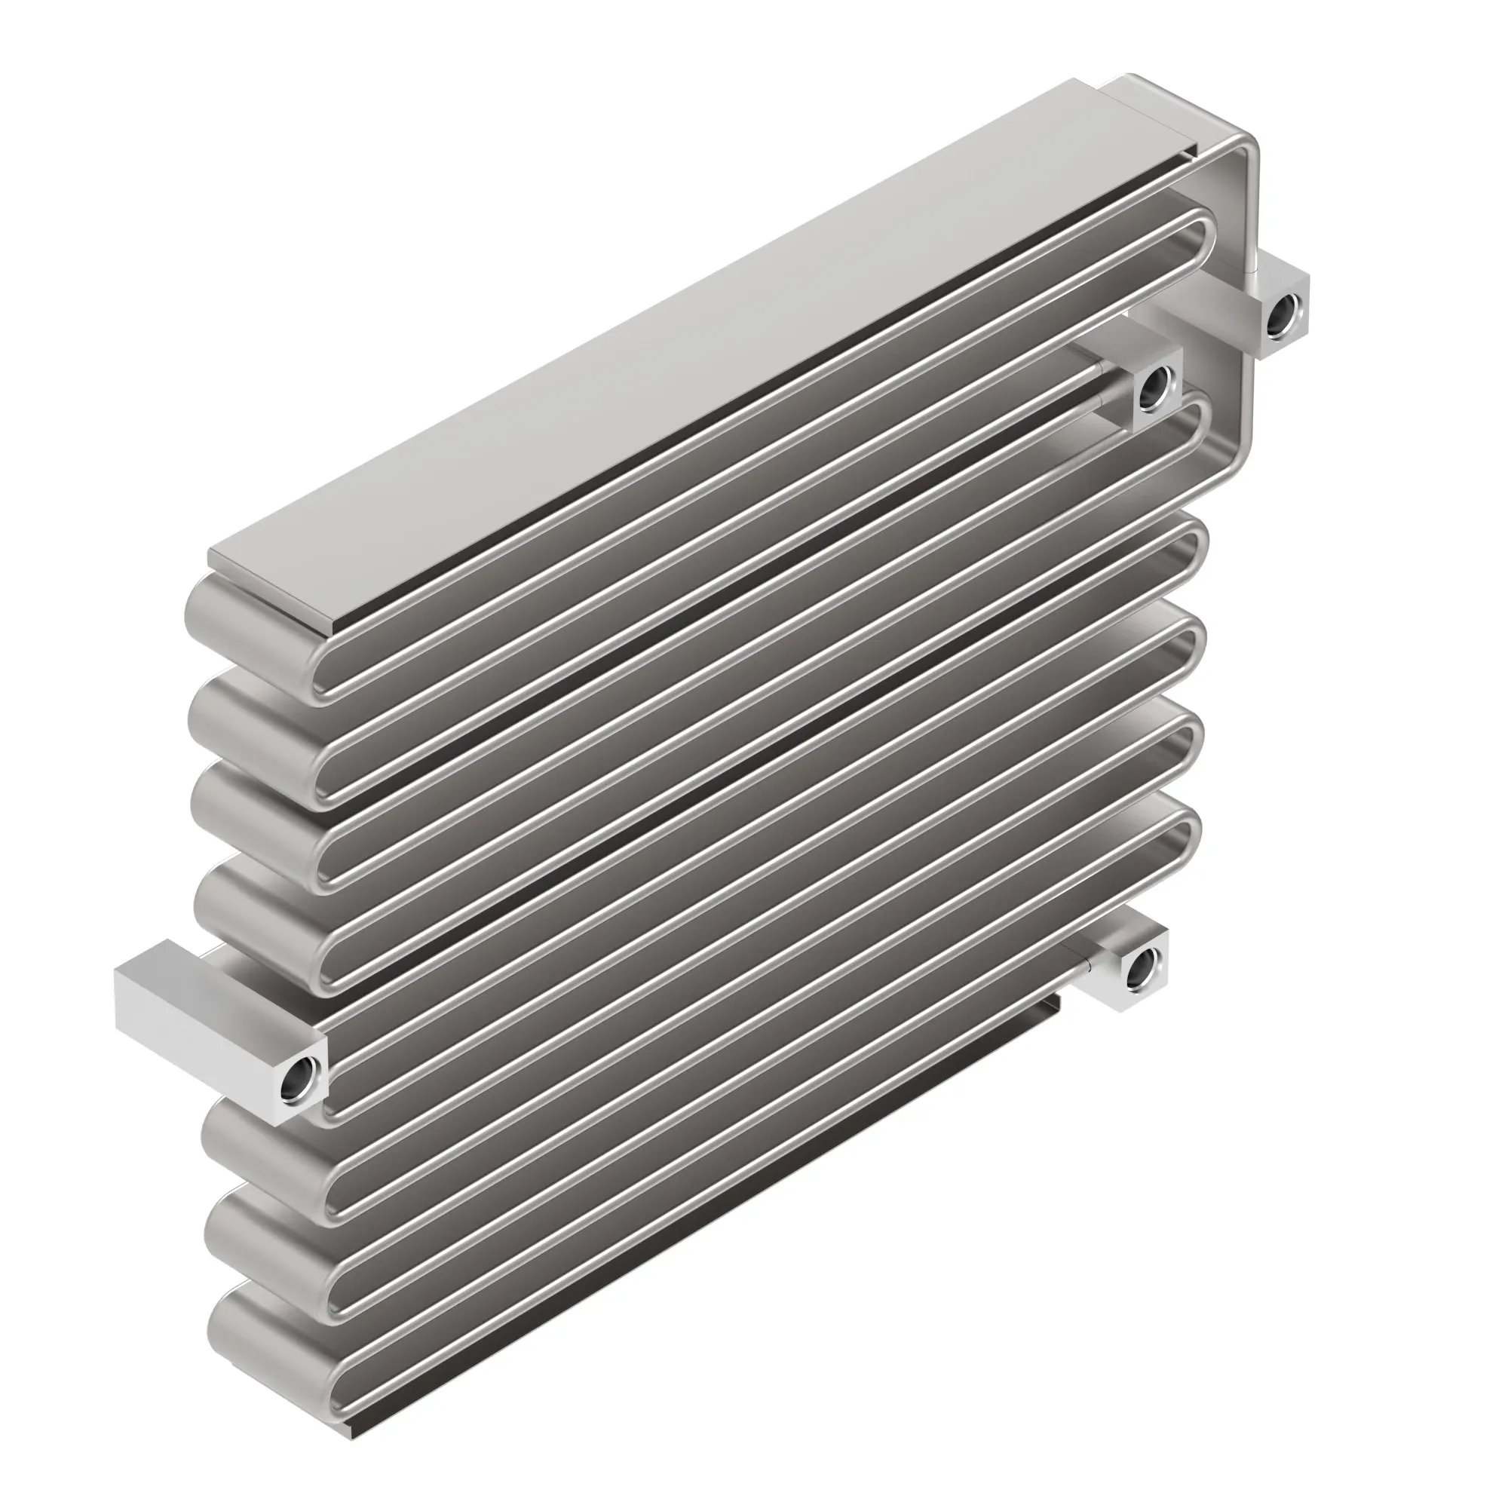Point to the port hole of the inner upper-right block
click(x=1152, y=388)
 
